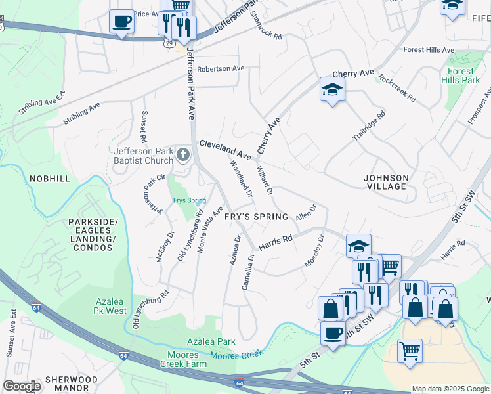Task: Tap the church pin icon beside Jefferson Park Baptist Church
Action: click(x=183, y=156)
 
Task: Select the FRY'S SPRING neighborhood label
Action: click(x=256, y=217)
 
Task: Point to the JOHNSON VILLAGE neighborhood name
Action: click(x=387, y=182)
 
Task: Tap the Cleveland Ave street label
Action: click(x=225, y=150)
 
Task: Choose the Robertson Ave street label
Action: click(x=221, y=68)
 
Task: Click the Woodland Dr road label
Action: click(x=241, y=179)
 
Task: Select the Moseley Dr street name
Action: click(x=314, y=252)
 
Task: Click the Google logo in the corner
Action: click(x=22, y=386)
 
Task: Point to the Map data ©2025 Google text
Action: click(x=450, y=389)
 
